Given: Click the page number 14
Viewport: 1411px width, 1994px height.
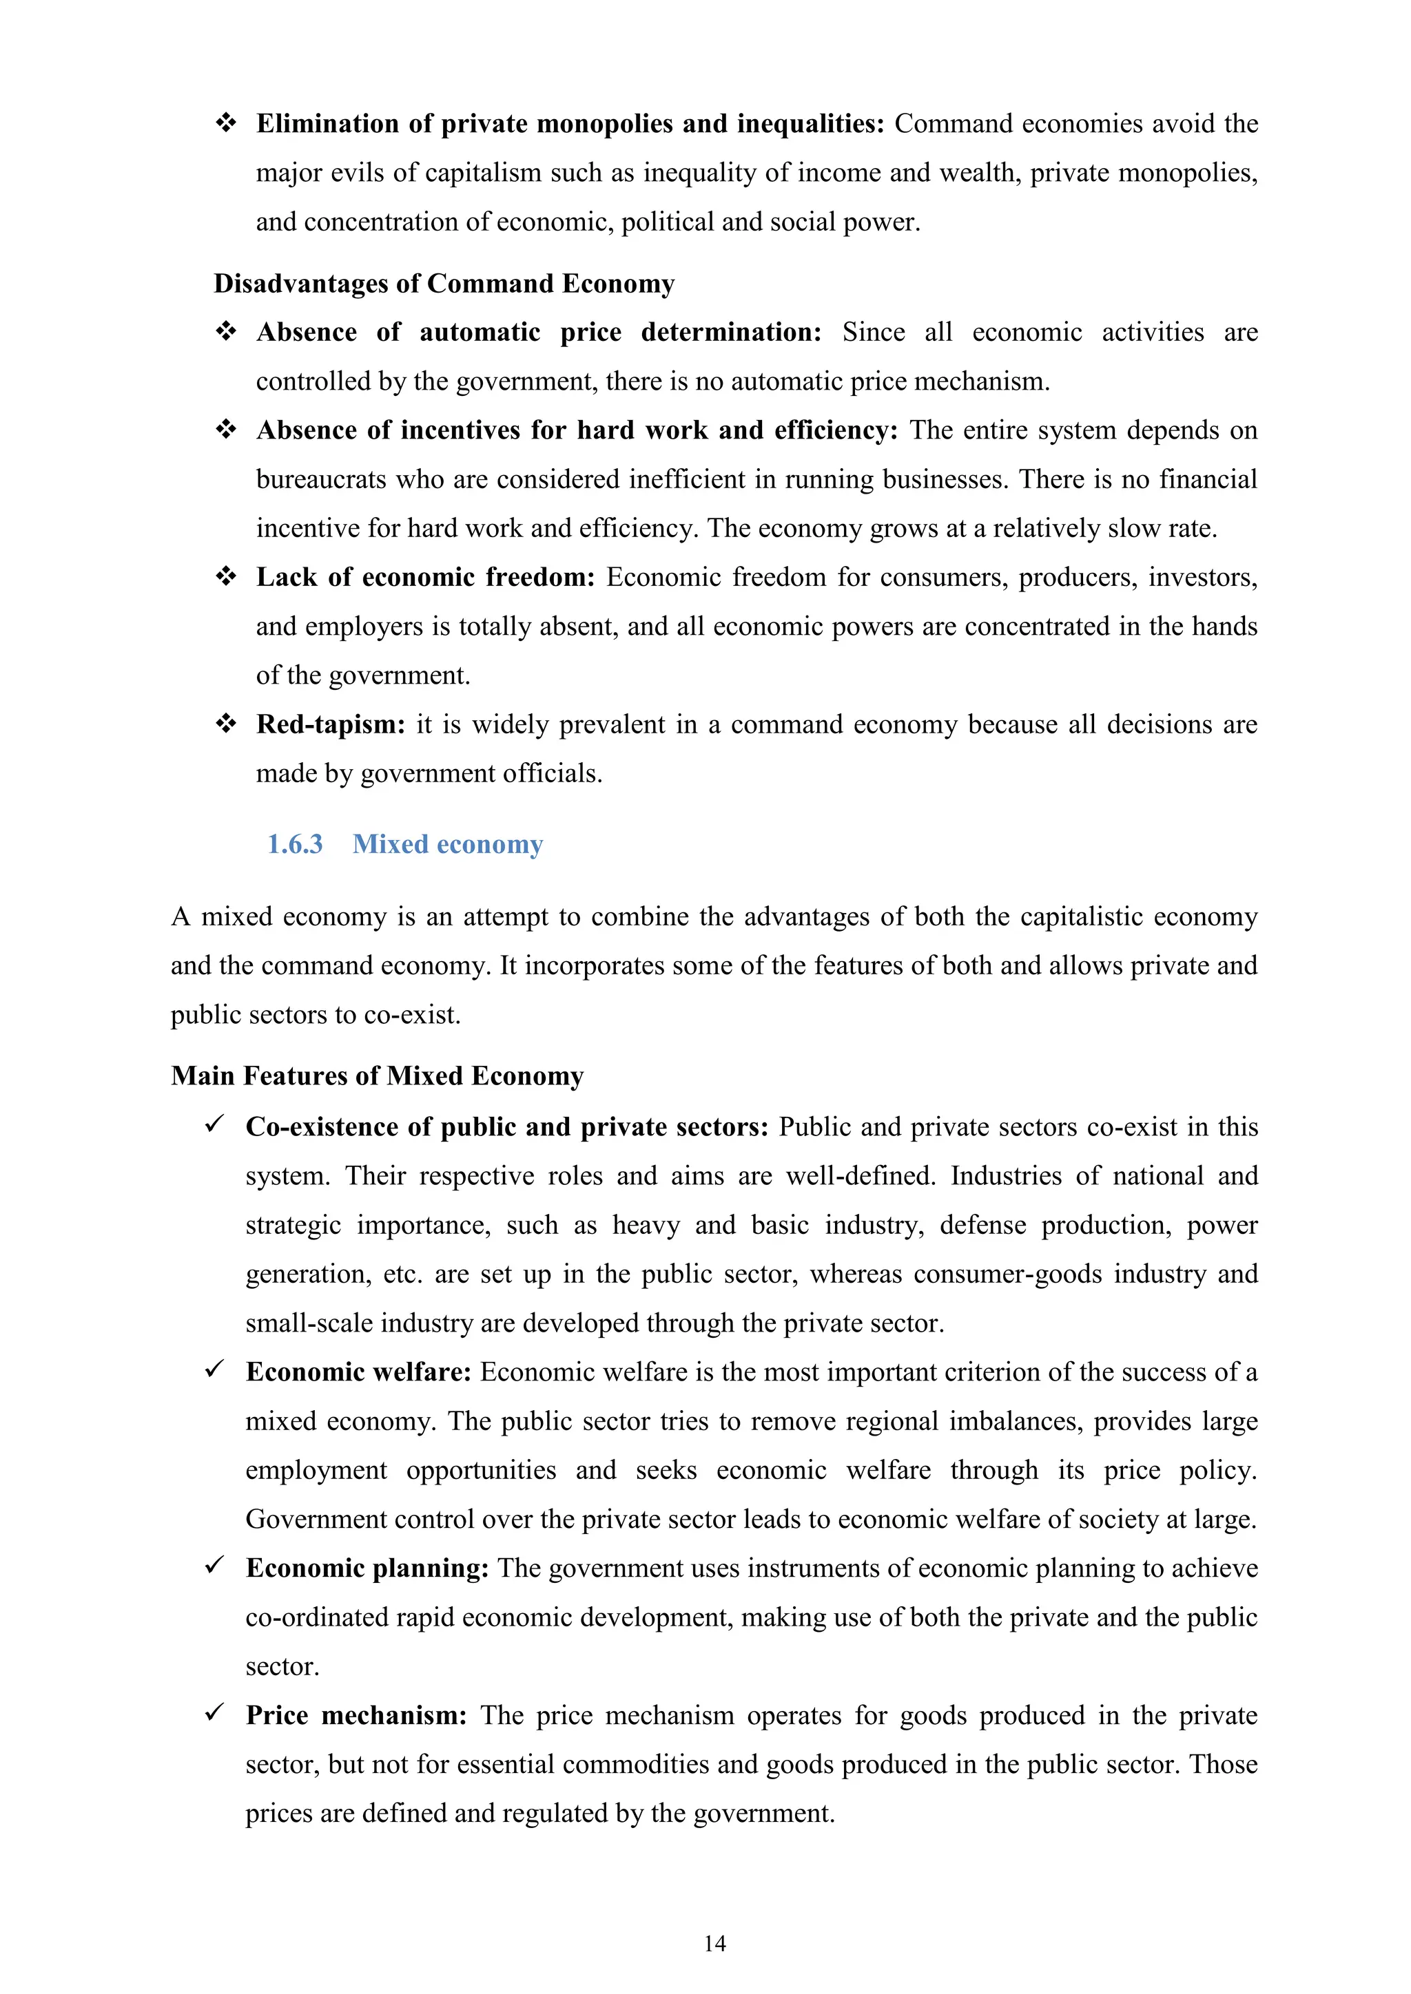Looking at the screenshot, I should pos(714,1943).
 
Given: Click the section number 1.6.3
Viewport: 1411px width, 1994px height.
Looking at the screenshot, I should pos(295,844).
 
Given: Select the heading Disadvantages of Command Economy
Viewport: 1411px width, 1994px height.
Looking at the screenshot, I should pos(444,284).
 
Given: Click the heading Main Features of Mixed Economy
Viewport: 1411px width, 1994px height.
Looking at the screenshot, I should pos(377,1076).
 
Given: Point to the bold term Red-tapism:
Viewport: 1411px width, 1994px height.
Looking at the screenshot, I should pos(330,724).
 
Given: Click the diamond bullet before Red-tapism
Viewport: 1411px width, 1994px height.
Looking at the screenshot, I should pos(226,724).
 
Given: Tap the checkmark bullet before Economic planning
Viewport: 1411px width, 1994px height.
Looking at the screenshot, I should pos(214,1565).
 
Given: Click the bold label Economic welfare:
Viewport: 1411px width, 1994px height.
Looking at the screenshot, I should pos(358,1372).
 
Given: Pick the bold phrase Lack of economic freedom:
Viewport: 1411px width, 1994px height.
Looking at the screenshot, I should pos(425,578).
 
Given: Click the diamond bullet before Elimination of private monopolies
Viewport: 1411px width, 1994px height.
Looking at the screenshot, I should pos(226,123).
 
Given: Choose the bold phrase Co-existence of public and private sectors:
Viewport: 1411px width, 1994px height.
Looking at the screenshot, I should pos(506,1127).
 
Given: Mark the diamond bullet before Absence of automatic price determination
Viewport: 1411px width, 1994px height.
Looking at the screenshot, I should pos(226,332).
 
